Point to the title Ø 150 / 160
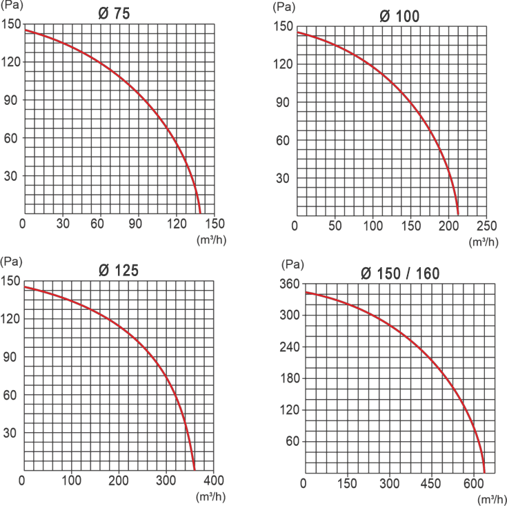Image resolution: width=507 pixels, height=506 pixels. (x=400, y=273)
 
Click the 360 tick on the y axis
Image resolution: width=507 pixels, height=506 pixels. (x=289, y=284)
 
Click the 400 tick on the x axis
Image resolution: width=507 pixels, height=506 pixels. (x=214, y=480)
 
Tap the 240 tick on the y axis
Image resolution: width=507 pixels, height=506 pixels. (x=289, y=347)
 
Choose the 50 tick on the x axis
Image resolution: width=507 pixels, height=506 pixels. (x=334, y=226)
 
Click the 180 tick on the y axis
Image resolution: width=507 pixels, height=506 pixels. (x=289, y=378)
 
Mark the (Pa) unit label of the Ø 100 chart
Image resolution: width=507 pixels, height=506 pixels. (x=284, y=7)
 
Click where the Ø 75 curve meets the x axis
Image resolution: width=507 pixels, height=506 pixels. (x=201, y=213)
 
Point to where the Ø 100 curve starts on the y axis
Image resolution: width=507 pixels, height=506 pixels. (x=297, y=32)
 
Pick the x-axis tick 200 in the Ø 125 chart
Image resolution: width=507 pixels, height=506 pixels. (x=119, y=480)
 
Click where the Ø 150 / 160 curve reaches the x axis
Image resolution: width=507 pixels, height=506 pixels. (x=485, y=472)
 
